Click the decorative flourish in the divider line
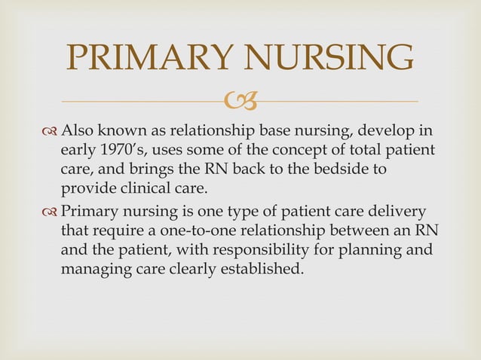click(x=241, y=100)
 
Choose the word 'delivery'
click(x=397, y=210)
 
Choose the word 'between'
click(x=348, y=229)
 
